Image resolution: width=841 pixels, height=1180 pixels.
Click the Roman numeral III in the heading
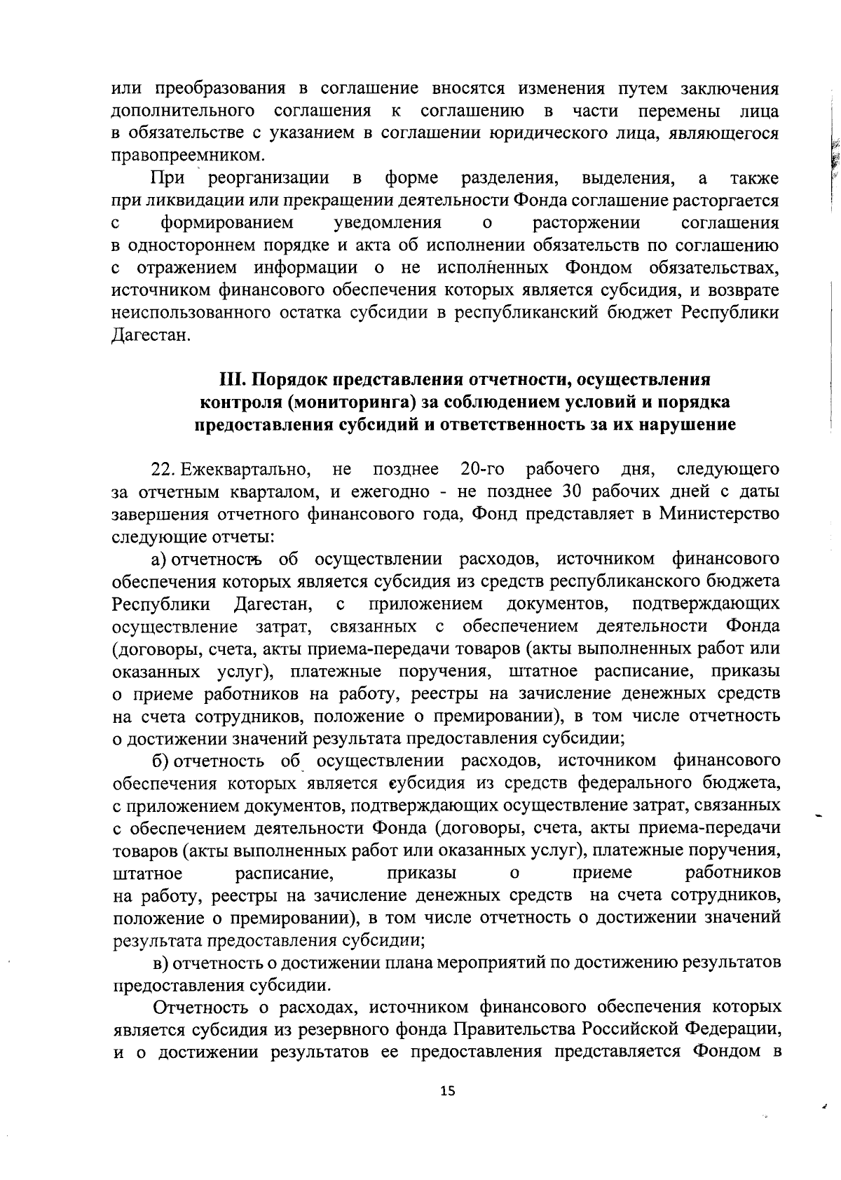[231, 379]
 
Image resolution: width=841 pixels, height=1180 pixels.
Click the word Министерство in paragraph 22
[719, 514]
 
